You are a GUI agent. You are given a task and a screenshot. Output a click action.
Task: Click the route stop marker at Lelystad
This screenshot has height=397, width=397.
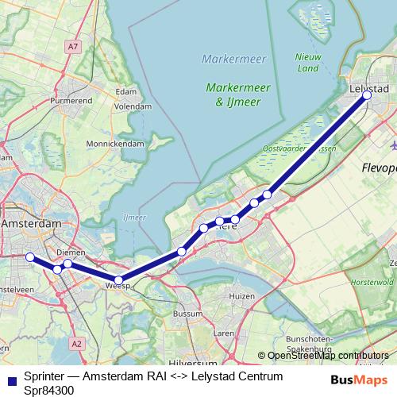pyautogui.click(x=367, y=95)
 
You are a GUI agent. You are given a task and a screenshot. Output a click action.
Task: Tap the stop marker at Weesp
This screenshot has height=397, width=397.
pyautogui.click(x=118, y=279)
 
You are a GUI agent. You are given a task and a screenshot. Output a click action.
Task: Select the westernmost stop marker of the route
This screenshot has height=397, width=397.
pyautogui.click(x=29, y=257)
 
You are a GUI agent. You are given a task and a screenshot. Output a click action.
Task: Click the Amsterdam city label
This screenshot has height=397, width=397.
pyautogui.click(x=32, y=225)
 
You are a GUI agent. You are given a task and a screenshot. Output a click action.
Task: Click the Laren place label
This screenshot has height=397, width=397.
pyautogui.click(x=225, y=333)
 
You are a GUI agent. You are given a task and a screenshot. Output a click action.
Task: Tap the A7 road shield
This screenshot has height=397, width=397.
pyautogui.click(x=73, y=47)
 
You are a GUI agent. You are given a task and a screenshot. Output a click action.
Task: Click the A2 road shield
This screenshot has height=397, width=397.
pyautogui.click(x=76, y=344)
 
